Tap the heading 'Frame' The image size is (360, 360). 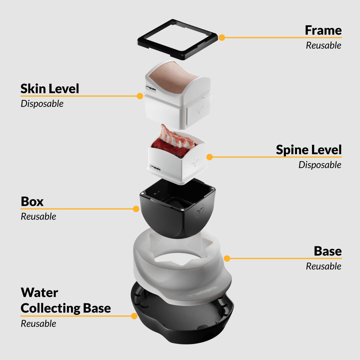tap(323, 30)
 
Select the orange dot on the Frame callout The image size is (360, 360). tap(222, 37)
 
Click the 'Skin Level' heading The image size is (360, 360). tap(50, 88)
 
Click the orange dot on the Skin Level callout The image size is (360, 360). tap(140, 96)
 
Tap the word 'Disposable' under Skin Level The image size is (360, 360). tap(42, 104)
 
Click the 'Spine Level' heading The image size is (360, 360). tap(309, 150)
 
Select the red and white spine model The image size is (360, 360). tap(173, 144)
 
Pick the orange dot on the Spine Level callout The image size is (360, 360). tap(210, 157)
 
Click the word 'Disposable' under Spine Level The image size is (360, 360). tap(320, 165)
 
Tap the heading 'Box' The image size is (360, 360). tap(32, 202)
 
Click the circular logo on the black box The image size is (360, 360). tap(199, 211)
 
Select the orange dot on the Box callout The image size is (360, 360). tap(136, 209)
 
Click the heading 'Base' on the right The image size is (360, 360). tap(328, 251)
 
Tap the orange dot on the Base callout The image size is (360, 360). tap(227, 258)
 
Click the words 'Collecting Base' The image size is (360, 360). tap(66, 308)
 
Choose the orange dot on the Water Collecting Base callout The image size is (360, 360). tap(134, 316)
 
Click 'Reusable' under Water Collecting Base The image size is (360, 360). tap(38, 324)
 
